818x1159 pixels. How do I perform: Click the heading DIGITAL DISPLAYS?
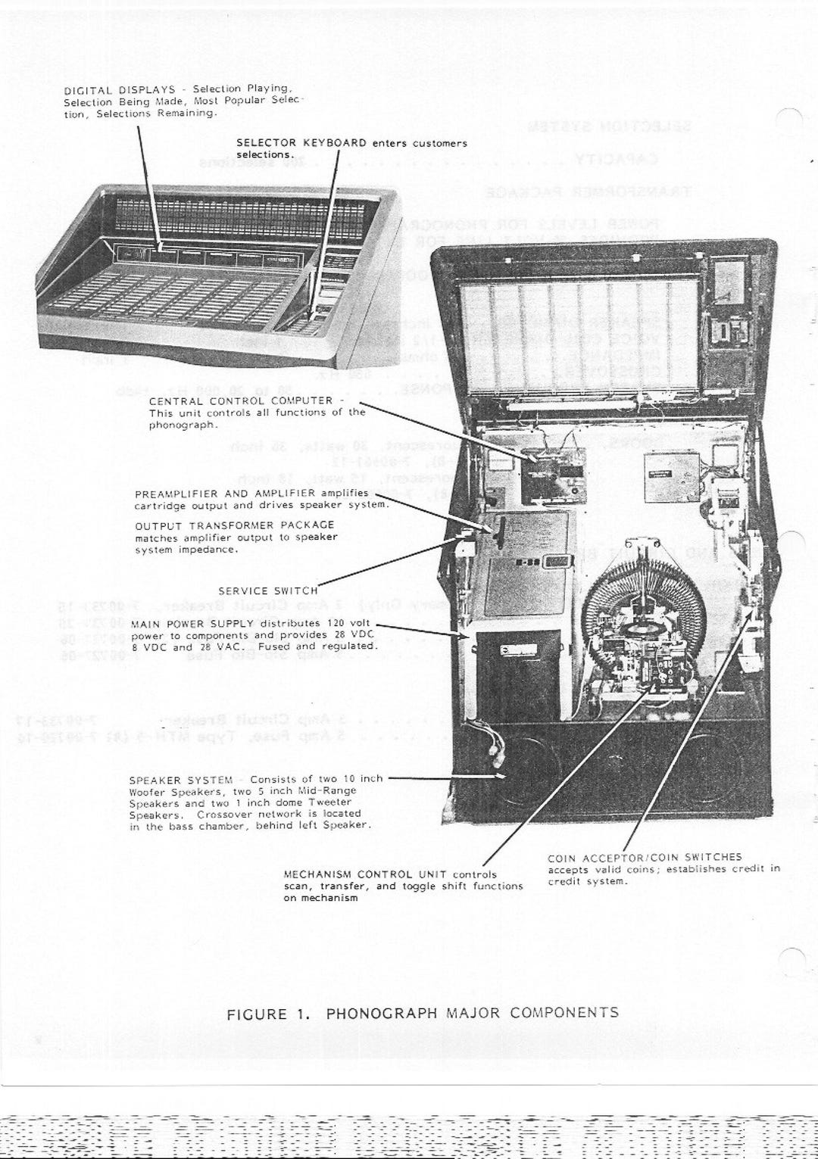coord(120,89)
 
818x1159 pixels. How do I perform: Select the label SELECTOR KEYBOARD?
coord(301,142)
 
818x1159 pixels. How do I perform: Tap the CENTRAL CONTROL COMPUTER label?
coord(241,400)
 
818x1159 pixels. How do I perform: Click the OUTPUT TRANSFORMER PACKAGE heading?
coord(234,525)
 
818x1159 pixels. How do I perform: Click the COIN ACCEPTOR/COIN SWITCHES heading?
coord(645,858)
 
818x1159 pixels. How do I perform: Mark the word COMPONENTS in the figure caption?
coord(564,1013)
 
